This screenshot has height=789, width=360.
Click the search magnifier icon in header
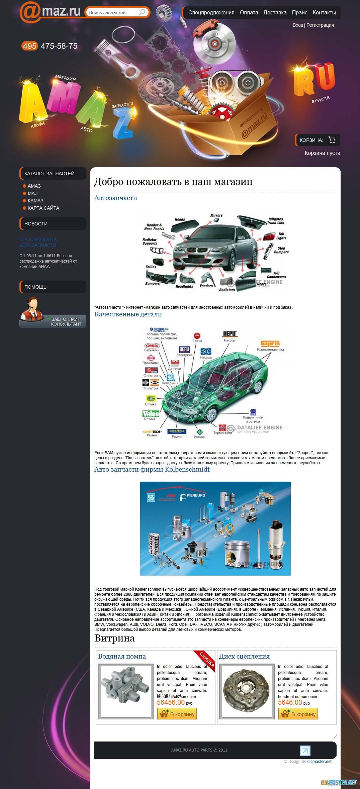pos(142,12)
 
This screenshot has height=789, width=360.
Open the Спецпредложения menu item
pos(211,13)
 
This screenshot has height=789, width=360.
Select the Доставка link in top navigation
pos(275,13)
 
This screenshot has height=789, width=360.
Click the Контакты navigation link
pos(324,13)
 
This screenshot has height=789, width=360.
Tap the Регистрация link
pos(320,25)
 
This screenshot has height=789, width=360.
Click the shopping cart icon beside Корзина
pos(332,140)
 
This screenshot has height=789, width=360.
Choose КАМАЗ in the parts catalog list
pos(35,201)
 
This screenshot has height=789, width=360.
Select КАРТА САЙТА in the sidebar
pos(43,208)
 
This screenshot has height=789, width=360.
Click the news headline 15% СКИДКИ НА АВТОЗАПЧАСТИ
pos(38,242)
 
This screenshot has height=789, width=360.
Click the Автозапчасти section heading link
pos(115,198)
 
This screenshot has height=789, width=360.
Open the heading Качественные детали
pos(128,314)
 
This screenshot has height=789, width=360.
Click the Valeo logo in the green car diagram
pos(151,414)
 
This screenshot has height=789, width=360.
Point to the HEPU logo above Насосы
pos(230,334)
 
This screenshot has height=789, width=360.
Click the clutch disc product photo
pos(247,690)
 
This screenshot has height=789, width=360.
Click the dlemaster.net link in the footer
pos(319,761)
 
